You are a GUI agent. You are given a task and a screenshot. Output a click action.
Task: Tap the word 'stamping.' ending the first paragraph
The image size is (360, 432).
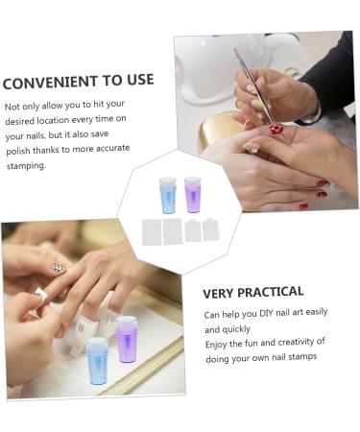click(x=27, y=165)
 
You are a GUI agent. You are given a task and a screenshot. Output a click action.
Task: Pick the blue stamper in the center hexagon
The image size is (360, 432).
click(x=167, y=195)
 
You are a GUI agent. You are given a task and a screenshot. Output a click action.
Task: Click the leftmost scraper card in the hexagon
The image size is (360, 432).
click(x=151, y=231)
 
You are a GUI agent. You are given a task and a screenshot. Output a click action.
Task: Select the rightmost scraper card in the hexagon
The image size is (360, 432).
click(x=210, y=229)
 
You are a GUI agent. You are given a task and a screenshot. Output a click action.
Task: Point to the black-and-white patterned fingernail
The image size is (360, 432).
click(x=59, y=268)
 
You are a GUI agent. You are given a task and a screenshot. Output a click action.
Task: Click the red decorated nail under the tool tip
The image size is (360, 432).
click(x=277, y=130)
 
